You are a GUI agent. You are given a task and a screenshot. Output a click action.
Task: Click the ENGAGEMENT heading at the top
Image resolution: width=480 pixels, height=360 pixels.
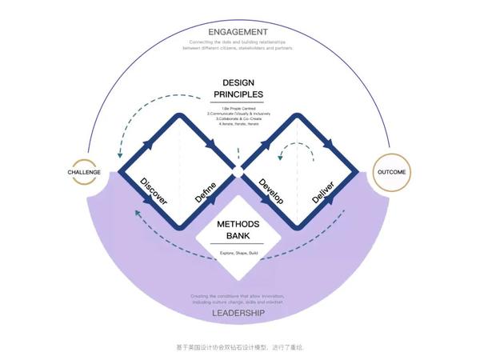click(x=239, y=31)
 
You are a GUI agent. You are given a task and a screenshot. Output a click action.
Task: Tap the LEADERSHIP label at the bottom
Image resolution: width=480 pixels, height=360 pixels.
click(x=239, y=314)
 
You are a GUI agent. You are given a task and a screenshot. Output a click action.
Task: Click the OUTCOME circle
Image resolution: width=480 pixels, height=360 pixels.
click(x=391, y=172)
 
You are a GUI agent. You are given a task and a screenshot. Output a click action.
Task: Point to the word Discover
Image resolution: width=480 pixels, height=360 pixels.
click(x=154, y=193)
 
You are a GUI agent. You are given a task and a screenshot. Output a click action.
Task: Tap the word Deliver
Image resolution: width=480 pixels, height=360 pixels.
click(x=323, y=193)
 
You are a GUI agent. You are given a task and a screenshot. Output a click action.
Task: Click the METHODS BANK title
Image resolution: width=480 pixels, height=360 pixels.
click(x=239, y=230)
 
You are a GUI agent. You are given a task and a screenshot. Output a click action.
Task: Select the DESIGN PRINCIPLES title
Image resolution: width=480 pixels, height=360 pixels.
click(x=239, y=88)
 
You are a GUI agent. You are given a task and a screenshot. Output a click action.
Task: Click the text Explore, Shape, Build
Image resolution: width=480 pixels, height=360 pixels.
click(x=239, y=254)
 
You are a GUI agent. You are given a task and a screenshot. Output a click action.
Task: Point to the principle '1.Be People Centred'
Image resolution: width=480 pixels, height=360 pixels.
click(x=239, y=108)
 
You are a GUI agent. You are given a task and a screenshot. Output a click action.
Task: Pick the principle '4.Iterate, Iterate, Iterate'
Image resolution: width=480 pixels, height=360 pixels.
click(x=239, y=125)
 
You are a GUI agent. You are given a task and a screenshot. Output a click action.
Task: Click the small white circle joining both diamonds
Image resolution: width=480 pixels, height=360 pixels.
click(x=238, y=171)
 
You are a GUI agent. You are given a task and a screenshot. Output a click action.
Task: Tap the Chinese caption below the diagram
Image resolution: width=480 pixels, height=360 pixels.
click(x=239, y=347)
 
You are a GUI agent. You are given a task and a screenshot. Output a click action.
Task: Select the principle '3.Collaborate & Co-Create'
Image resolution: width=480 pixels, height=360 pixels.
click(x=239, y=119)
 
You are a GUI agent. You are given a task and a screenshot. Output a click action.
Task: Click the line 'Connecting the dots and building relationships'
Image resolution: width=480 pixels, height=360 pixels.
click(x=239, y=42)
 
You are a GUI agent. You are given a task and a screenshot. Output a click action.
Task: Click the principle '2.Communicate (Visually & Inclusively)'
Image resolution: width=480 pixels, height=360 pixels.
click(x=239, y=114)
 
